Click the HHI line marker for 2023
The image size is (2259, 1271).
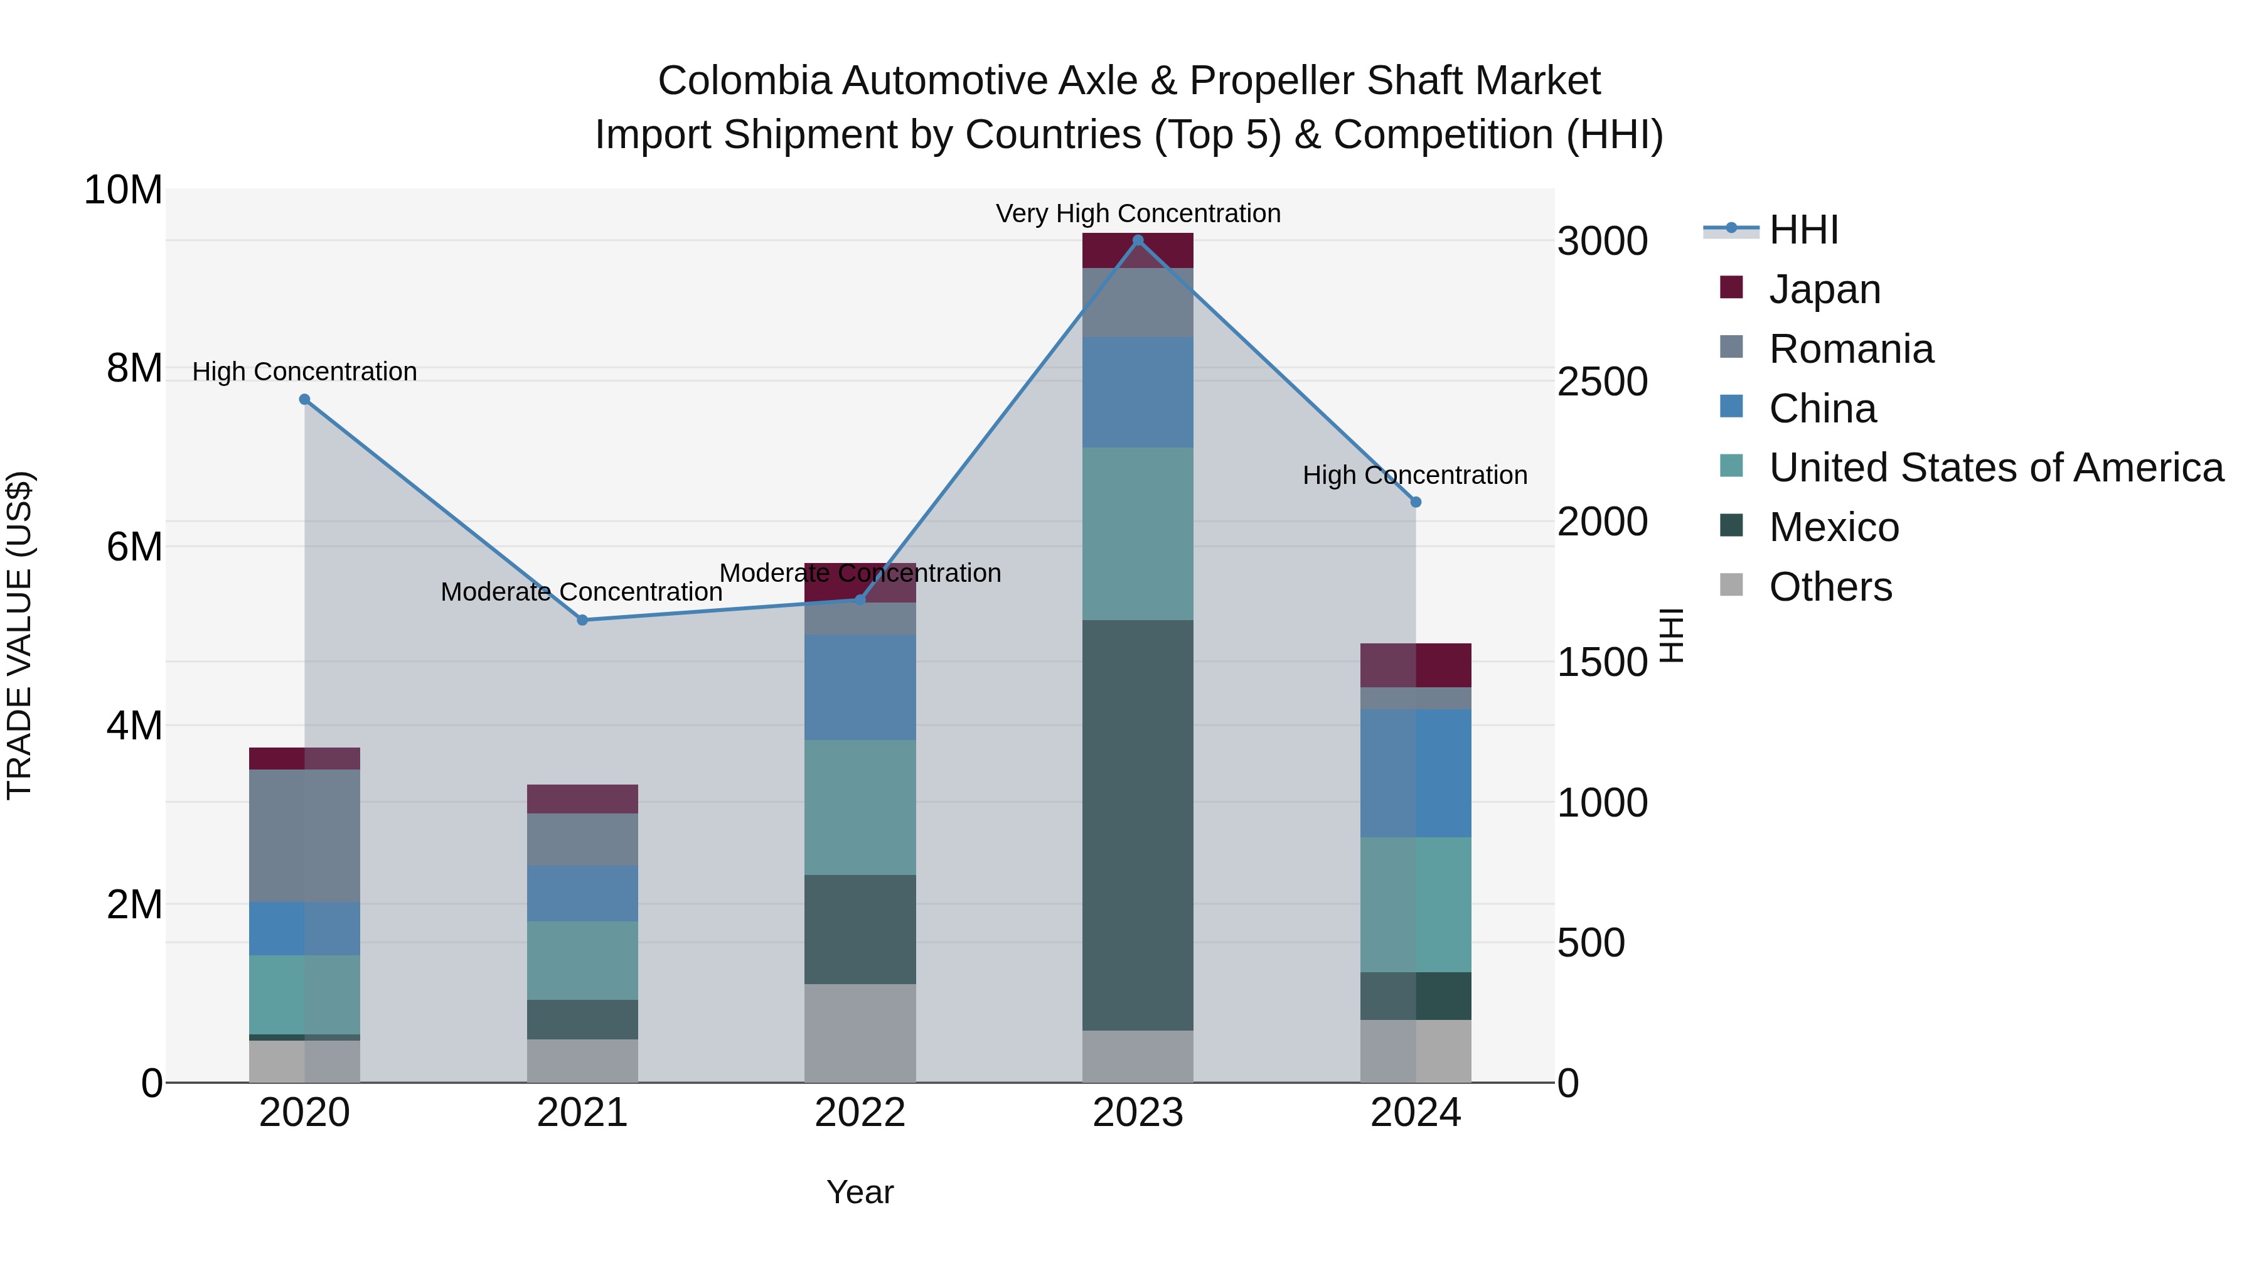click(1138, 240)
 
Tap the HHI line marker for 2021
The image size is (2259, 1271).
click(582, 620)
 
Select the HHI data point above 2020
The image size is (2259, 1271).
click(304, 399)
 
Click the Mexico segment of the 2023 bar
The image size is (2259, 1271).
click(1138, 825)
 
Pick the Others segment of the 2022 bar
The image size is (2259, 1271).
click(860, 1032)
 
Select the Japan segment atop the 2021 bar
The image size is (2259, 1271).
click(582, 798)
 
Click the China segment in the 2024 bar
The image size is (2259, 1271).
click(1416, 773)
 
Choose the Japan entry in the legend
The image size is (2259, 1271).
click(1824, 289)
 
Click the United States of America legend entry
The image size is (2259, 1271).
click(1995, 468)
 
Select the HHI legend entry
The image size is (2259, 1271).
click(1803, 230)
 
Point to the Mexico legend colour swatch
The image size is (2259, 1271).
click(1731, 525)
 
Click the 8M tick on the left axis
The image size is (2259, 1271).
click(134, 368)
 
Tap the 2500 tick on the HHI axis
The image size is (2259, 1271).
click(1602, 382)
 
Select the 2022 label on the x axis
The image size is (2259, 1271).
click(860, 1112)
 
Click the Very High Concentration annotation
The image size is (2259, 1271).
click(1138, 213)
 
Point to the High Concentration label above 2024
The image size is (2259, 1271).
click(1414, 475)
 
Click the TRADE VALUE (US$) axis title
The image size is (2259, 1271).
click(19, 635)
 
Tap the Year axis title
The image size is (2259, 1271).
click(860, 1192)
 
